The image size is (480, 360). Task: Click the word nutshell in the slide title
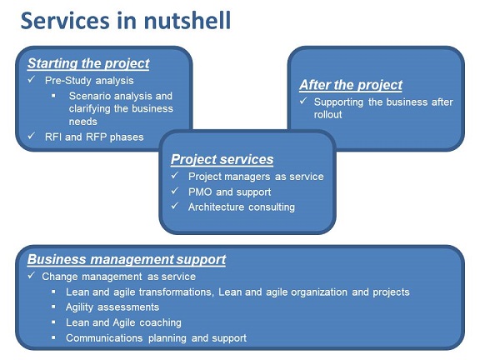tap(187, 20)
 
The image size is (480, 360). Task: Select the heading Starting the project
tap(88, 63)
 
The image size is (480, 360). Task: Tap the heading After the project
tap(351, 85)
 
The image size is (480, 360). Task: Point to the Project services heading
tap(222, 159)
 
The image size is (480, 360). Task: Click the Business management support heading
tap(127, 260)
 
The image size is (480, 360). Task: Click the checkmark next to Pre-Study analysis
tap(31, 79)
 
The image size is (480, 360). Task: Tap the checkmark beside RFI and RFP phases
tap(31, 136)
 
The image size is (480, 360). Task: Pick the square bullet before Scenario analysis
tap(53, 96)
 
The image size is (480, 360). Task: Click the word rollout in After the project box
tap(327, 114)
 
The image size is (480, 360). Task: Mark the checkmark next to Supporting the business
tap(303, 100)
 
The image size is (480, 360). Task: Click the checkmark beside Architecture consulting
tap(175, 206)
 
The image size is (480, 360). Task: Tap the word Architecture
tap(216, 207)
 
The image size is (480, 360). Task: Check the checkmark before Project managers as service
tap(175, 175)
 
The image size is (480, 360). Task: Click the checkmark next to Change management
tap(31, 275)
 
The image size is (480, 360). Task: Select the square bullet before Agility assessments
tap(53, 307)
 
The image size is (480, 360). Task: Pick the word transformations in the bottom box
tap(175, 292)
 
